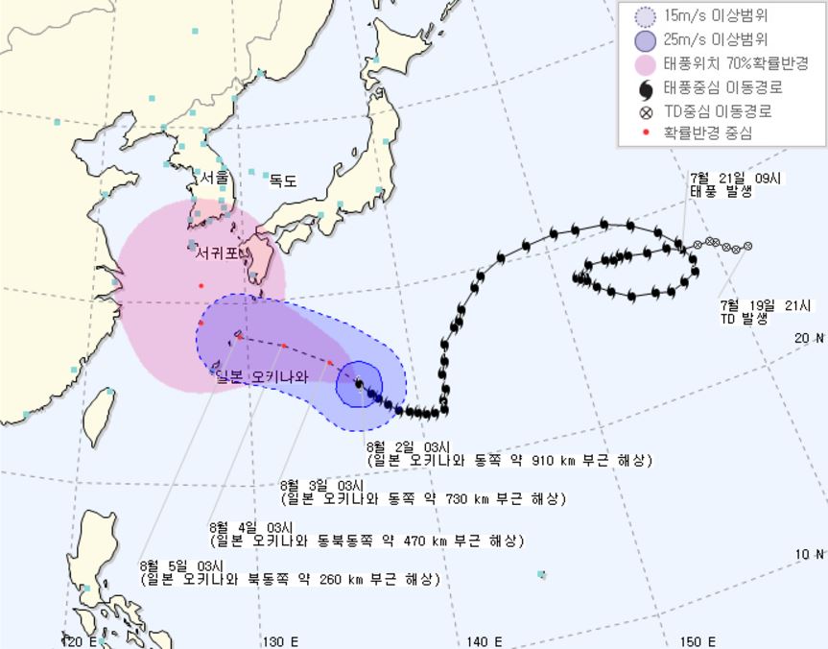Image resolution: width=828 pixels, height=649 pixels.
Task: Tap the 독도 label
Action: [x=283, y=180]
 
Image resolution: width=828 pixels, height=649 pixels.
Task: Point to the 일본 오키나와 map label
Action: [x=263, y=376]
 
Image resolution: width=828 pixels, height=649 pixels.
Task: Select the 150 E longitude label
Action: [x=698, y=641]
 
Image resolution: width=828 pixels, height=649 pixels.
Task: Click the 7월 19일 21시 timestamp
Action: [x=766, y=306]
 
